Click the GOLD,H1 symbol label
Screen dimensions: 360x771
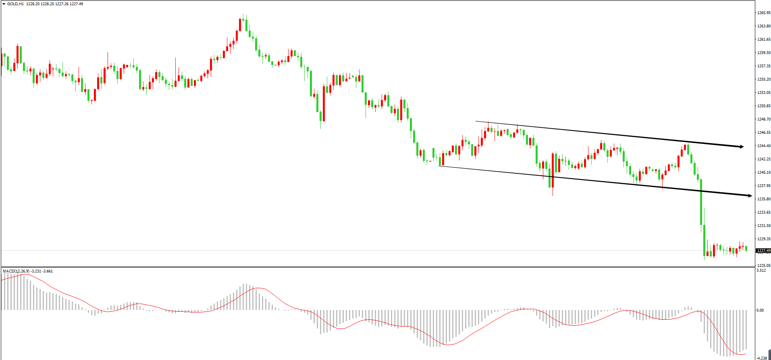pyautogui.click(x=15, y=4)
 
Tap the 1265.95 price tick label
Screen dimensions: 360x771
pyautogui.click(x=764, y=13)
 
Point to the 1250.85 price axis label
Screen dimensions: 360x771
pyautogui.click(x=764, y=106)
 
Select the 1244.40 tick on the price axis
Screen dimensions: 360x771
pyautogui.click(x=764, y=146)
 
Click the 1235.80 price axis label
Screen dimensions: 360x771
pyautogui.click(x=764, y=199)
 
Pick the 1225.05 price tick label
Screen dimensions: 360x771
pyautogui.click(x=764, y=266)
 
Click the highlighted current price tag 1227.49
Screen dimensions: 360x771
pyautogui.click(x=763, y=251)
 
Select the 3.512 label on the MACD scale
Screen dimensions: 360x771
pyautogui.click(x=761, y=271)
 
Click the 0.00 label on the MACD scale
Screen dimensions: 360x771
pyautogui.click(x=760, y=310)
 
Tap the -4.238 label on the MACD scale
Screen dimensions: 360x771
pyautogui.click(x=761, y=358)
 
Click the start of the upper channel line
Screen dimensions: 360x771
pyautogui.click(x=476, y=121)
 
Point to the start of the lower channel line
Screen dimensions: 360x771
pyautogui.click(x=439, y=166)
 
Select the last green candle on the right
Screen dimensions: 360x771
pyautogui.click(x=746, y=248)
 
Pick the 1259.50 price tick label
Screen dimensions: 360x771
pyautogui.click(x=764, y=53)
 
